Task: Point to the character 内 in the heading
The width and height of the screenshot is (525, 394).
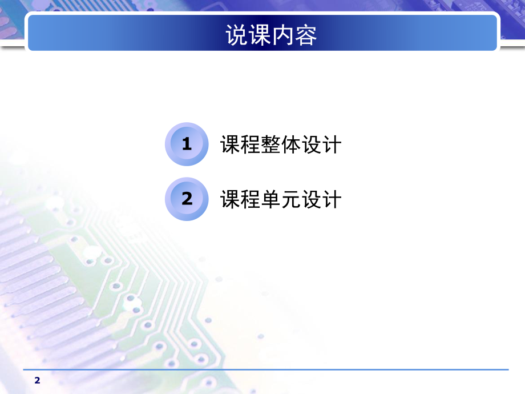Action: coord(283,35)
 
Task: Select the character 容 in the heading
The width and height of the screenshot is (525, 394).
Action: coord(306,35)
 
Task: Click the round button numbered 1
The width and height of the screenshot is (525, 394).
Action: coord(187,144)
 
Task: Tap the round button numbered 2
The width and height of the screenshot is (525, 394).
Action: coord(187,199)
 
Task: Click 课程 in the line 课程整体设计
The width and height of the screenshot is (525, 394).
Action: coord(240,144)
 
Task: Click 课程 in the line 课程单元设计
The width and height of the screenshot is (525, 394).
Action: coord(240,199)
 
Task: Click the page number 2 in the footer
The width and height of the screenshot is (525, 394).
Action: coord(38,380)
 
